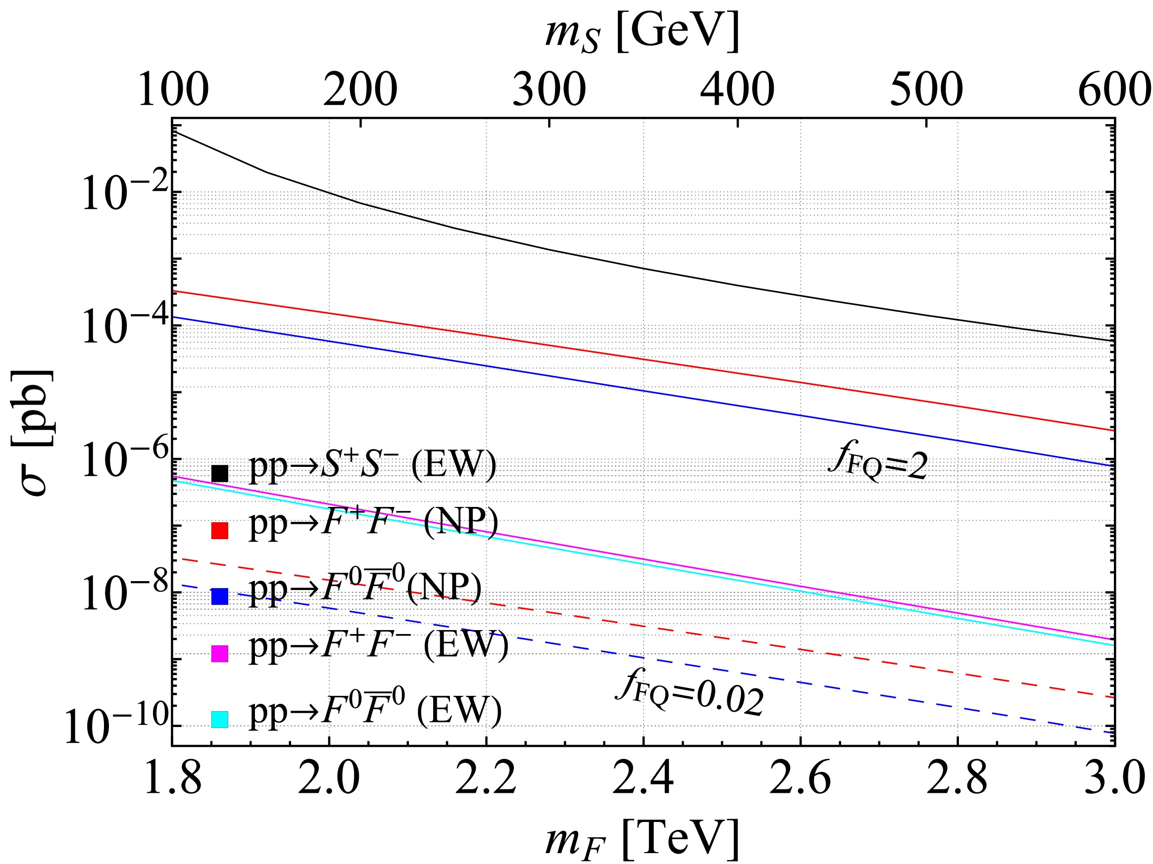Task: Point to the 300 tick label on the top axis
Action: click(x=549, y=90)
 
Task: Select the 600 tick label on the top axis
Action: click(x=1113, y=90)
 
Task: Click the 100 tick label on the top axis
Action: click(x=173, y=90)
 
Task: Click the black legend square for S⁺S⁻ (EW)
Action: click(x=219, y=473)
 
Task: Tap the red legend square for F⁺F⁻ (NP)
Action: click(x=219, y=530)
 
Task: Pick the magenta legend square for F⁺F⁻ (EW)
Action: click(x=219, y=654)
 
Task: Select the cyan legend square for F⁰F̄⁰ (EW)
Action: click(x=219, y=719)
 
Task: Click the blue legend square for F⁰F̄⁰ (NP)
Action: click(x=219, y=596)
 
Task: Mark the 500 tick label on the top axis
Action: click(x=926, y=90)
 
